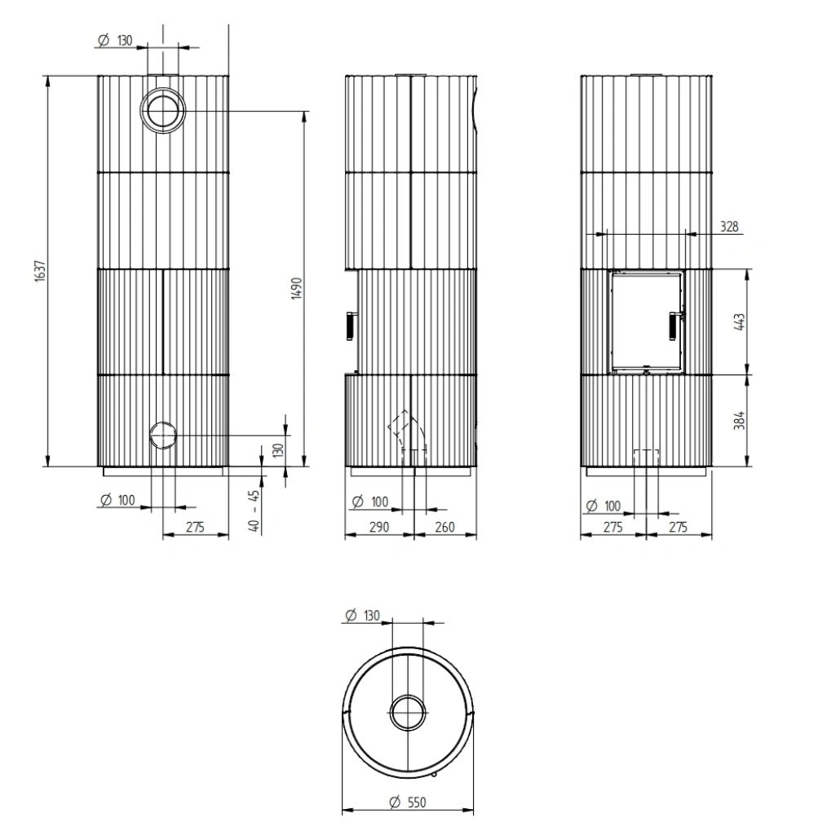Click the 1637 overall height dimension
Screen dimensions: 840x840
click(x=38, y=273)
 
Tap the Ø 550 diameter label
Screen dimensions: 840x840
click(x=408, y=802)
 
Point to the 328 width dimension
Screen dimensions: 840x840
click(x=730, y=227)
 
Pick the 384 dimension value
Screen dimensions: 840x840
click(x=740, y=421)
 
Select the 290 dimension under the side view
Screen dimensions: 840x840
click(x=380, y=527)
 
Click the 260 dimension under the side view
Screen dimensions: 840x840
click(x=444, y=527)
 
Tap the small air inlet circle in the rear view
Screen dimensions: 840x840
click(x=163, y=435)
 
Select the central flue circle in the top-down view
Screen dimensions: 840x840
click(x=407, y=714)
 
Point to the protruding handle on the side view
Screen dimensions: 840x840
click(x=347, y=325)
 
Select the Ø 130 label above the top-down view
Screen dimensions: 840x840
click(x=362, y=616)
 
